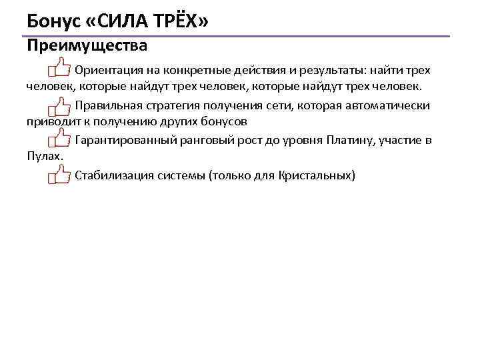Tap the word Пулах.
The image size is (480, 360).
pos(45,157)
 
